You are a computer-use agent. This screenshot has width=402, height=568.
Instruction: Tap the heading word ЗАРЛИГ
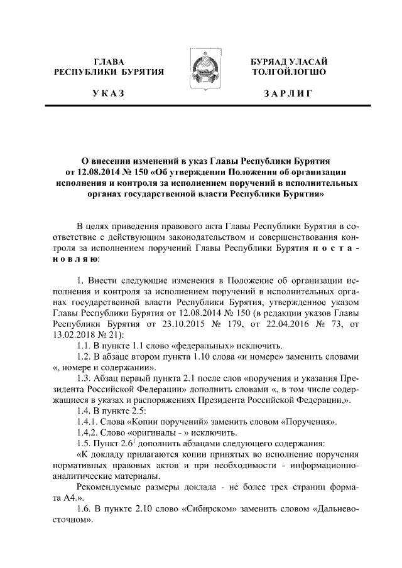tap(288, 94)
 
